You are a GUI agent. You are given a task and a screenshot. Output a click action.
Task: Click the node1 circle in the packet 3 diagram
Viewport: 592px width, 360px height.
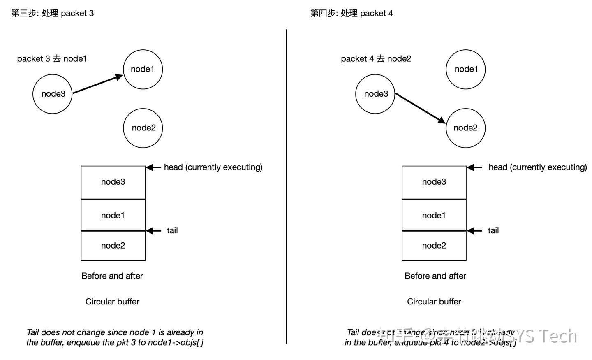point(143,69)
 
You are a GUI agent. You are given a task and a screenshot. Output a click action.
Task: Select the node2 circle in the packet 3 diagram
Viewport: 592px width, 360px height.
point(143,128)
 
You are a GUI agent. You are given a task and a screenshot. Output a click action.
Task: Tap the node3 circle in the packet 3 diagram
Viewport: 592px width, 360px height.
point(52,94)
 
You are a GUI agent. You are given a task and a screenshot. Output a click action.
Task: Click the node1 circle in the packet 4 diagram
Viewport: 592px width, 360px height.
point(465,69)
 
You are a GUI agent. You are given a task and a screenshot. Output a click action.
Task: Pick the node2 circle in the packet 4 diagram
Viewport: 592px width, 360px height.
point(465,128)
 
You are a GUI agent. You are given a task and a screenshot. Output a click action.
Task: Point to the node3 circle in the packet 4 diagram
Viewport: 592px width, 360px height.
point(375,94)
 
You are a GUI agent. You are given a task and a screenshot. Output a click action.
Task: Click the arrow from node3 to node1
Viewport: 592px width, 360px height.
point(97,84)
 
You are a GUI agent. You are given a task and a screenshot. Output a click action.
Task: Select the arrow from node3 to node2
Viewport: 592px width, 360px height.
point(420,108)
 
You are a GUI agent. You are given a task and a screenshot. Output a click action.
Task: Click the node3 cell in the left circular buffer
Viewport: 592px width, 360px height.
point(113,182)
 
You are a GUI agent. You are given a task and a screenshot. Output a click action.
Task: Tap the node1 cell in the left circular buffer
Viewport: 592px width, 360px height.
point(113,215)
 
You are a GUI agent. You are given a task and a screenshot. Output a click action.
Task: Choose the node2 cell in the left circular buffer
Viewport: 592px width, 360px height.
point(113,246)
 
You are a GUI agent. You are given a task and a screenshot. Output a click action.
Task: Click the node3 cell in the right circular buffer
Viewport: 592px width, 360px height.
point(434,182)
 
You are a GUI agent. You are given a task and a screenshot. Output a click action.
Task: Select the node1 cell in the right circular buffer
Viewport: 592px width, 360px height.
point(434,215)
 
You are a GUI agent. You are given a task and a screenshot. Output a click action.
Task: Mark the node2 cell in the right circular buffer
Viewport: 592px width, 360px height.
point(434,246)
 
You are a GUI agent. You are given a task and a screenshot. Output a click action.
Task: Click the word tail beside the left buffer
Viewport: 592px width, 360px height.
point(172,230)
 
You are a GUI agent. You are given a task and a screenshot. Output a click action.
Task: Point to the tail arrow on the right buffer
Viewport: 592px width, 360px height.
point(474,231)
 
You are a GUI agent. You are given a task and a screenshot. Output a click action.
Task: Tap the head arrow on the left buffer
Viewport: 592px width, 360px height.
point(154,167)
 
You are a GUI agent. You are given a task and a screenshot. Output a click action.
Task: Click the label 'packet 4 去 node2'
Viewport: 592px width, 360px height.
point(376,59)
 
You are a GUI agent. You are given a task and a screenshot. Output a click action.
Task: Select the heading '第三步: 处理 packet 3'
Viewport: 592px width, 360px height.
point(53,13)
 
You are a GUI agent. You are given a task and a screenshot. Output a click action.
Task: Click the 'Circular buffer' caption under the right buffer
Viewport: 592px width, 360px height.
point(434,302)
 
